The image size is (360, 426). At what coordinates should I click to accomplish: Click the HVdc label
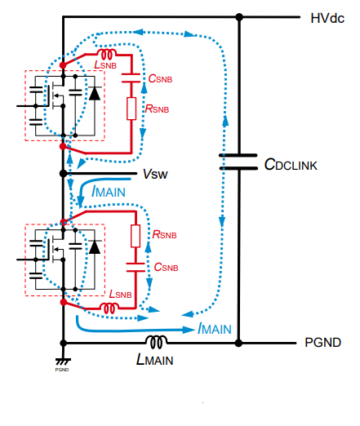pos(327,18)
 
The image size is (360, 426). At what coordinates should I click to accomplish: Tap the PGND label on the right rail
pos(322,343)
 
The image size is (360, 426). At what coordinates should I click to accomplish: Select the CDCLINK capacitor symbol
pos(238,162)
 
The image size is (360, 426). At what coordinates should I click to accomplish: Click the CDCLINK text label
pos(291,165)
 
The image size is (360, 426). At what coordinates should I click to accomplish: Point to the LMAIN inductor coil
pos(156,342)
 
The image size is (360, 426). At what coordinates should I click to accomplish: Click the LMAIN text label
pos(154,360)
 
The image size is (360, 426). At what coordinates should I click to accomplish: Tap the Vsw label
pos(155,174)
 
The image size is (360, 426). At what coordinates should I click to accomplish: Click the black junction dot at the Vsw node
pos(63,173)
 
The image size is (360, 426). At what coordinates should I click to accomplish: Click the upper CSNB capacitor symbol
pos(131,78)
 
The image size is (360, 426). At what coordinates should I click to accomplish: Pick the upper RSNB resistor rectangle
pos(131,109)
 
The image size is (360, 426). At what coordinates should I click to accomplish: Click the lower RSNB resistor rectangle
pos(136,236)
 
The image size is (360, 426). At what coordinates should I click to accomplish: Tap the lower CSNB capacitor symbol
pos(136,268)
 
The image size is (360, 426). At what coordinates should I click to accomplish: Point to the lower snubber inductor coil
pos(109,308)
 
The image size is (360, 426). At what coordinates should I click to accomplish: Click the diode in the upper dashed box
pos(95,93)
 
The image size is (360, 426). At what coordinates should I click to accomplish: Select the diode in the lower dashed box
pos(95,247)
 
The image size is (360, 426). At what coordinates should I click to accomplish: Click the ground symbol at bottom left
pos(63,362)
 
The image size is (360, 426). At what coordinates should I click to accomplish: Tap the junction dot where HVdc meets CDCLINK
pos(239,17)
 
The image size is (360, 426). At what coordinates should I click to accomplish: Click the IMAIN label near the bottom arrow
pos(215,328)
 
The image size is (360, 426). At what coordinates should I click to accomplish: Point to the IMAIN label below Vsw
pos(109,191)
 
